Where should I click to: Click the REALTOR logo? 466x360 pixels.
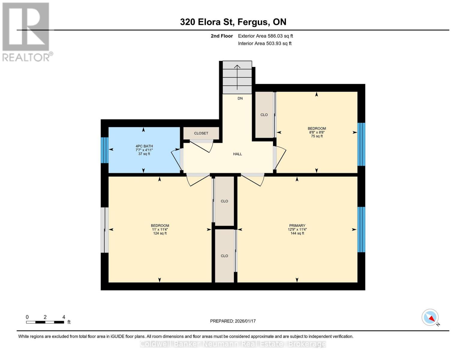click(x=27, y=32)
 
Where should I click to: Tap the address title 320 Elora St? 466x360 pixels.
click(x=207, y=22)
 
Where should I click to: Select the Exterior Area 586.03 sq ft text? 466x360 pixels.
click(x=266, y=36)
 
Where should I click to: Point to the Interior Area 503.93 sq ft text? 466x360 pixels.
click(x=265, y=43)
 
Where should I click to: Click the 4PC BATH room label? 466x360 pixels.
click(x=144, y=146)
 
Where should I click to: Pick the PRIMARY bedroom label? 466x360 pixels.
click(x=297, y=226)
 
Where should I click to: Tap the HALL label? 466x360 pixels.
click(x=237, y=154)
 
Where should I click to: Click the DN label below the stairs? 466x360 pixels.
click(x=240, y=98)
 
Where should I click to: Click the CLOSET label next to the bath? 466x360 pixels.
click(x=201, y=133)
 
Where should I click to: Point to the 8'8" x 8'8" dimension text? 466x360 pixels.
click(x=317, y=133)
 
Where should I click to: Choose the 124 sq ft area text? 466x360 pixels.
click(x=160, y=233)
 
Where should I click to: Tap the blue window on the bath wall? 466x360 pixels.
click(x=105, y=150)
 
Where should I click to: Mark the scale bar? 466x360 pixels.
click(x=45, y=322)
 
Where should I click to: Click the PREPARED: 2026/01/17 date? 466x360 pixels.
click(x=233, y=321)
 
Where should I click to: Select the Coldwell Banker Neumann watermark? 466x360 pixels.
click(x=233, y=344)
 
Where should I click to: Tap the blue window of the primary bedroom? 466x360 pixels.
click(x=361, y=229)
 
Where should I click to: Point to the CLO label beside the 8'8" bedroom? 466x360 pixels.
click(x=264, y=115)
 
